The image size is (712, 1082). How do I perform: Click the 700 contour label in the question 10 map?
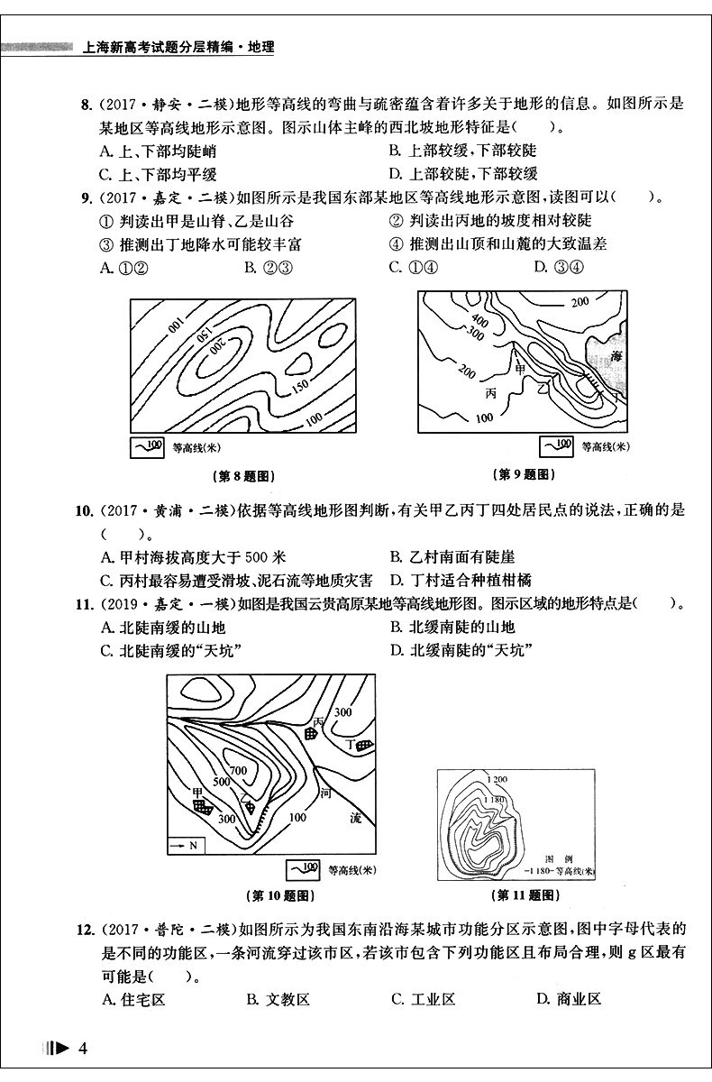click(x=237, y=771)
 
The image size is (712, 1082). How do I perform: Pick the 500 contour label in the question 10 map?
click(x=220, y=782)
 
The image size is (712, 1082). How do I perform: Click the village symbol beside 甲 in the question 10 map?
click(x=206, y=807)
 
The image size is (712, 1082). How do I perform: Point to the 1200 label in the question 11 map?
click(x=496, y=780)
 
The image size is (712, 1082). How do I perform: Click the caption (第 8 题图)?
click(x=241, y=475)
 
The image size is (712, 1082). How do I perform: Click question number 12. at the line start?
click(x=88, y=929)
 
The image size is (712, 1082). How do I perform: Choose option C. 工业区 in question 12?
click(x=422, y=998)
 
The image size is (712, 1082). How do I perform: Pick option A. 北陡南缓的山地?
click(x=163, y=627)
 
